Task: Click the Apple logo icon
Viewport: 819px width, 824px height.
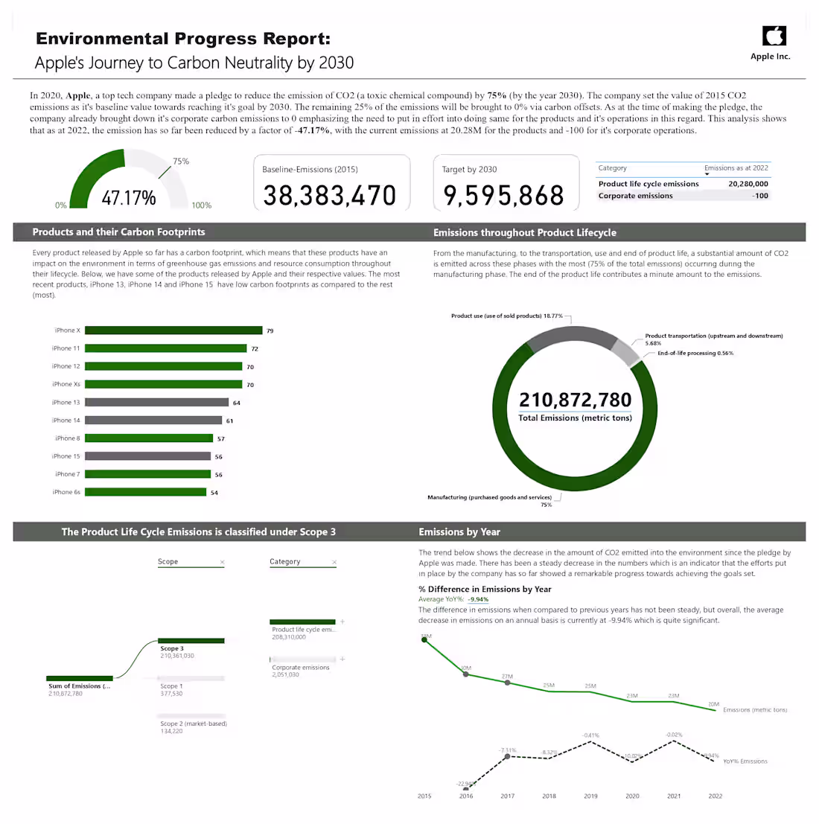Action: [x=774, y=36]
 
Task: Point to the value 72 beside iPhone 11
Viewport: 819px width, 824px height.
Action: [x=255, y=348]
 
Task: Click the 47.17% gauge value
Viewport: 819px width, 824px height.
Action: [x=129, y=198]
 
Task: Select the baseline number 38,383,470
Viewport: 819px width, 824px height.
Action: [x=330, y=196]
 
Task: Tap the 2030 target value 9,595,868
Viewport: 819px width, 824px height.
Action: [x=504, y=196]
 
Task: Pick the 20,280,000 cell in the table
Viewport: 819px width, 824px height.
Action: [x=748, y=184]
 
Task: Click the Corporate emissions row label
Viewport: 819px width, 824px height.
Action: [x=635, y=196]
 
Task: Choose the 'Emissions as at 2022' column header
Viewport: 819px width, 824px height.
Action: [x=736, y=168]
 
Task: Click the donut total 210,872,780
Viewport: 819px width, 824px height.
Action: [x=575, y=400]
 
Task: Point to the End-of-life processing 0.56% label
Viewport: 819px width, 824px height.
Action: [x=695, y=354]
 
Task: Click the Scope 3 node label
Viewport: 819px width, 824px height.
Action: [x=172, y=648]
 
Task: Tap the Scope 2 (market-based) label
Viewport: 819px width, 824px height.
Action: [x=194, y=724]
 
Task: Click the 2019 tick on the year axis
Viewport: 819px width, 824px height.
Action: [x=590, y=796]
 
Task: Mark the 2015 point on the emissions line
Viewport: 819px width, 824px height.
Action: [x=424, y=639]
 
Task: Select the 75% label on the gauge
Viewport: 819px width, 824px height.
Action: [x=181, y=162]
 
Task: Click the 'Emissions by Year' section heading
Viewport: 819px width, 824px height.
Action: [x=459, y=532]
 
